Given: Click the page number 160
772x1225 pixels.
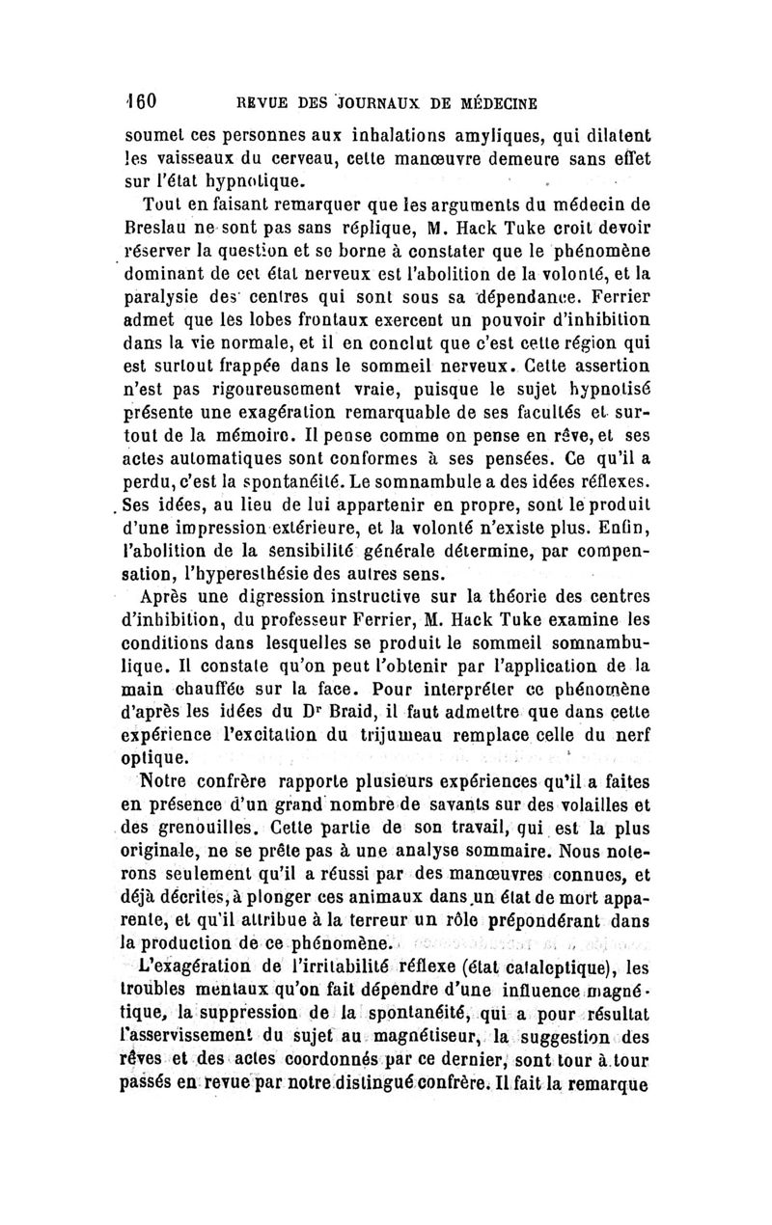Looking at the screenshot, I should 146,100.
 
